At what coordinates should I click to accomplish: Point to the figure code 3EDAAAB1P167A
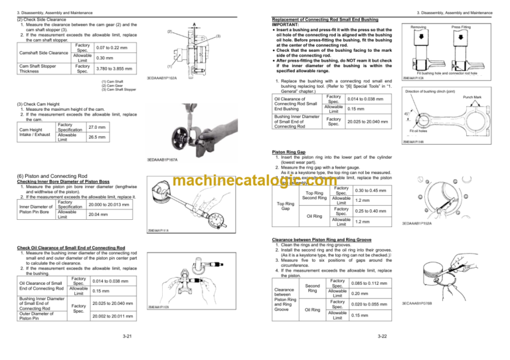(x=166, y=159)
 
